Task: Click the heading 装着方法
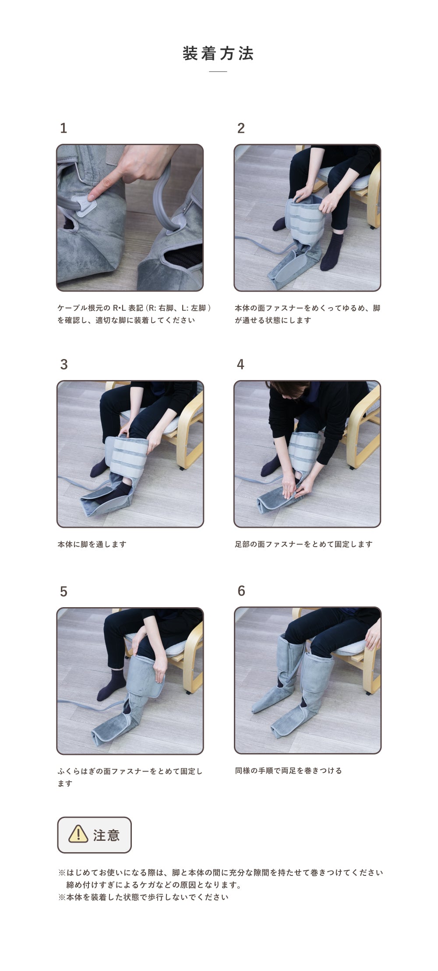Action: coord(218,53)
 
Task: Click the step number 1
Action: coord(64,128)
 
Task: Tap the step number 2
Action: coord(241,128)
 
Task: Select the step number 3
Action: coord(64,364)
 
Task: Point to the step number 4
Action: coord(240,364)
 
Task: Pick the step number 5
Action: coord(64,592)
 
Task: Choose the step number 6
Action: coord(241,591)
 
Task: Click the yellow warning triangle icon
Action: coord(78,834)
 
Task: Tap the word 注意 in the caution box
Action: coord(106,835)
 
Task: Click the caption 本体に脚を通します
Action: coord(92,544)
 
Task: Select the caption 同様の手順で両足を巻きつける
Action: coord(289,770)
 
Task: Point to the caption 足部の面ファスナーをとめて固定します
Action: coord(304,544)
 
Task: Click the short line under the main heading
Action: coord(218,71)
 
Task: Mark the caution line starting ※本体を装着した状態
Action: coord(143,897)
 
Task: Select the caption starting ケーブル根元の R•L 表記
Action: coord(135,314)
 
